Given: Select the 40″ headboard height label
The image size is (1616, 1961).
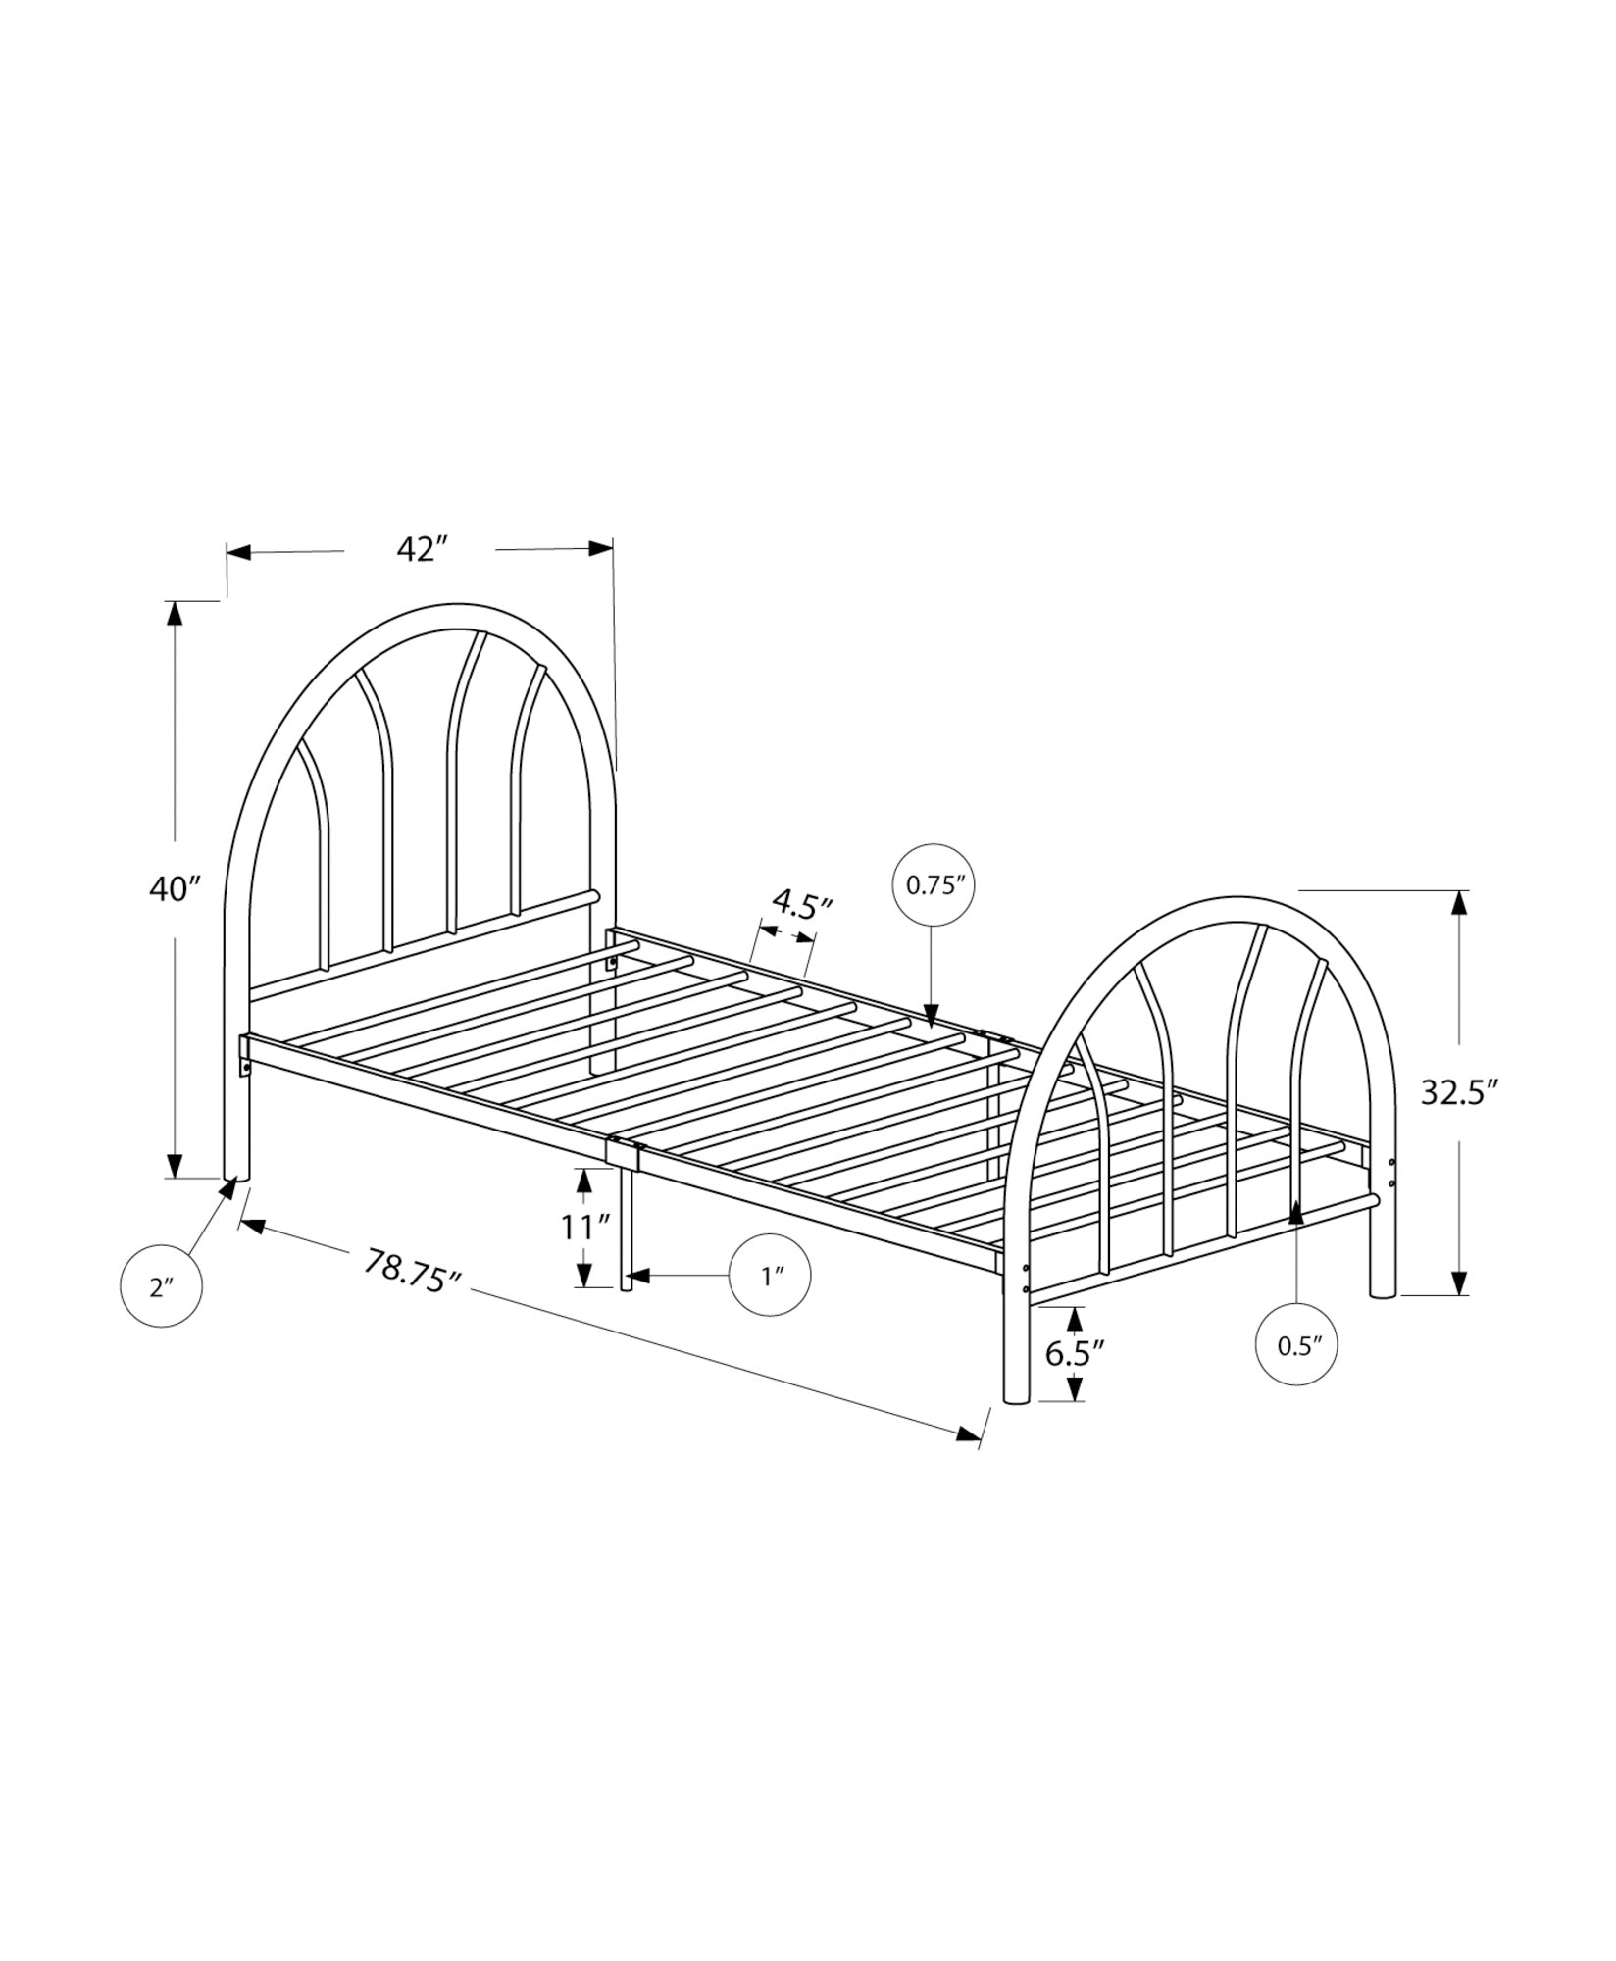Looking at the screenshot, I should pos(175,888).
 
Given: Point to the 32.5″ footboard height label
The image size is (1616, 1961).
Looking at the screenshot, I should pos(1460,1091).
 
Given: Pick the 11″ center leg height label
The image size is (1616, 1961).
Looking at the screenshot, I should pos(585,1227).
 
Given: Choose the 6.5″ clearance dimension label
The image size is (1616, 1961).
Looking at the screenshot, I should pos(1075,1353).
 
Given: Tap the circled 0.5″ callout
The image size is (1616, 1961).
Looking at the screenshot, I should pos(1296,1345).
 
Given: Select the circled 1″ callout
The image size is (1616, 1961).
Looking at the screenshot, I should pos(771,1276).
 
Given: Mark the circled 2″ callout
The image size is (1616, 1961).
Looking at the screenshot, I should pos(161,1286).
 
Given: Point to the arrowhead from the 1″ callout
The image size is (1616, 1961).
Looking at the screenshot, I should pos(638,1276).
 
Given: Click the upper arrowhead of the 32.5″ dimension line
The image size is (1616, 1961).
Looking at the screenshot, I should pos(1460,903).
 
